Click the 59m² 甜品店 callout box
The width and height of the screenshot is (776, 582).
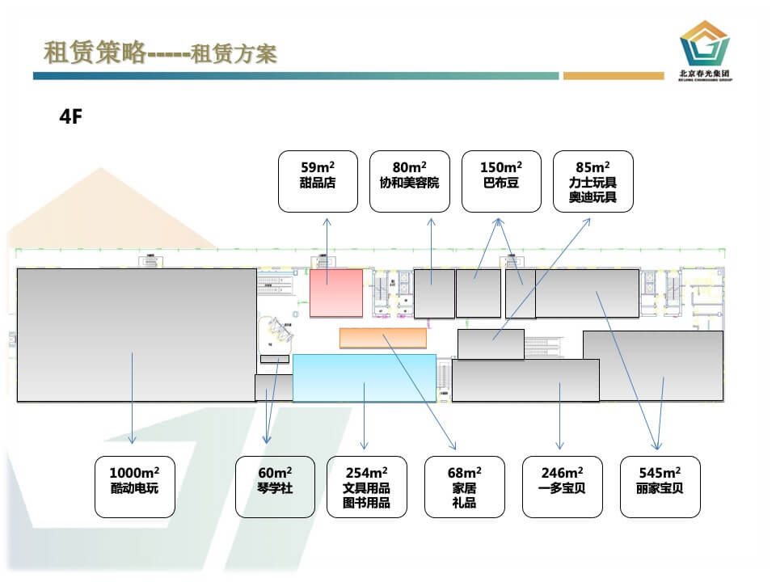pos(318,181)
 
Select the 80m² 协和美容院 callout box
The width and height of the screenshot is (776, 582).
pos(409,181)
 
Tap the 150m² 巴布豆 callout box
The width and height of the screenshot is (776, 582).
pos(501,181)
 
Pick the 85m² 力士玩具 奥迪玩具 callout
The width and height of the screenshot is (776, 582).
pos(593,181)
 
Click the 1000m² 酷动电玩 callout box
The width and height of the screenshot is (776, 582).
pos(135,487)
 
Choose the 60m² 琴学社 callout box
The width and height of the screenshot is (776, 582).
pos(275,487)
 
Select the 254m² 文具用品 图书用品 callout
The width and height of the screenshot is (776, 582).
pos(366,487)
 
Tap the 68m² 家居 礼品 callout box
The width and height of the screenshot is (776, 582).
pos(464,487)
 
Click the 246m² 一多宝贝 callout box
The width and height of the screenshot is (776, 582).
pos(561,487)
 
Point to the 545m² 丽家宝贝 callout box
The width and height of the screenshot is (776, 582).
pos(660,487)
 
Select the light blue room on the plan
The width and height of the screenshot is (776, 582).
pos(364,377)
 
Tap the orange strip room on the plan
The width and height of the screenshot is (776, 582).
pos(382,338)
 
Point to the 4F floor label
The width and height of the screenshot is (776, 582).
pos(71,116)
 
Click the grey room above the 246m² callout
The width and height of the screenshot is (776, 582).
pos(525,380)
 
